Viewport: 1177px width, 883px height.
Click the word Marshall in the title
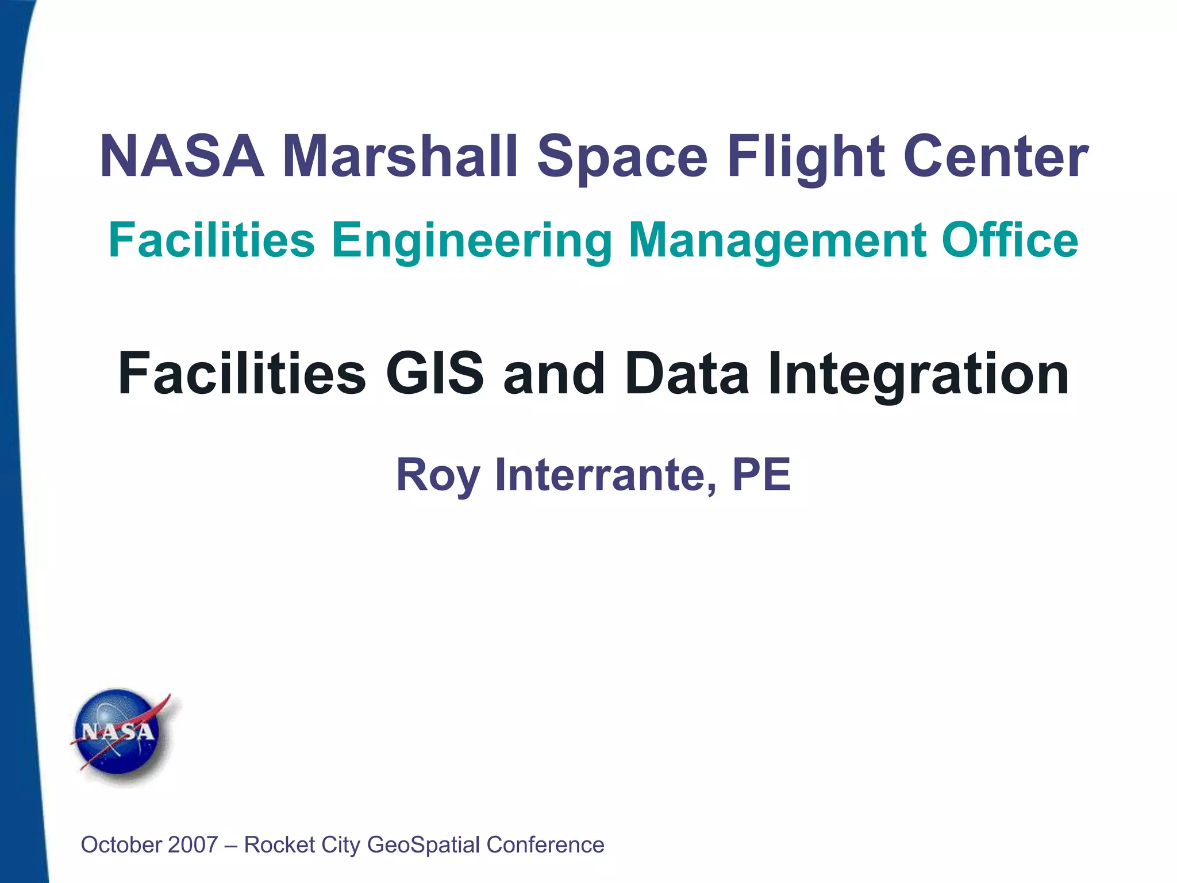[x=400, y=156]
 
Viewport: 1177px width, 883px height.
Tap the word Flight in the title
[x=805, y=156]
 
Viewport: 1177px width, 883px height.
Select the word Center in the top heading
[x=995, y=156]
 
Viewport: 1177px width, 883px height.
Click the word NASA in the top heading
[x=182, y=156]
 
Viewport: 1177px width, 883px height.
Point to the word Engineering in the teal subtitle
[x=472, y=240]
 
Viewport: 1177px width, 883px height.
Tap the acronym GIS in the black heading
[x=435, y=374]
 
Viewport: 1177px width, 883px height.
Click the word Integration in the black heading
[x=918, y=374]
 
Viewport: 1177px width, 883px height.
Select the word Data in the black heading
[x=687, y=374]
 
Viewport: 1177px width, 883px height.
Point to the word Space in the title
[x=622, y=156]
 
